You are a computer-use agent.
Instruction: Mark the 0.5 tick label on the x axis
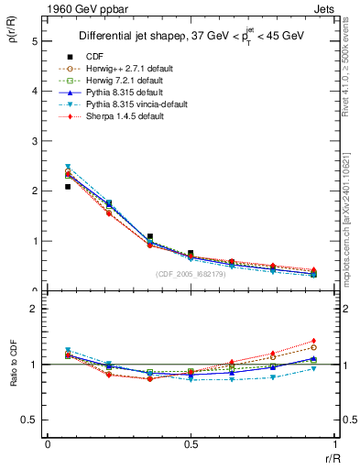(x=191, y=443)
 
